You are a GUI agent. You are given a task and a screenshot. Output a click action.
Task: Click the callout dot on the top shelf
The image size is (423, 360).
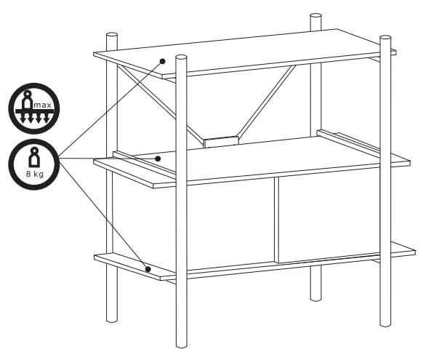[x=162, y=61]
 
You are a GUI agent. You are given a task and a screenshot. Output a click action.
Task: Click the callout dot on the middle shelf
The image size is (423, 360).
[x=158, y=159]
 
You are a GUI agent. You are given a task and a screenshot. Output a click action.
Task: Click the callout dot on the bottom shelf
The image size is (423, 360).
[x=148, y=269]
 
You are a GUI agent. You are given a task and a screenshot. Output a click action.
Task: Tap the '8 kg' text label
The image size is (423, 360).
[x=35, y=174]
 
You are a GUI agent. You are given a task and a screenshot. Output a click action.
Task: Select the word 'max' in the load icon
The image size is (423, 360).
[x=42, y=105]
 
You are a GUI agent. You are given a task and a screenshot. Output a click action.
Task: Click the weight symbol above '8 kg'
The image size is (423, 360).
[x=34, y=157]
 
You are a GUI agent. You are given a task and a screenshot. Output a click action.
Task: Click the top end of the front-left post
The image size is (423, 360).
[x=181, y=57]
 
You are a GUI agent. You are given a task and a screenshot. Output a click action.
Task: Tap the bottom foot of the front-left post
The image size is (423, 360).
[x=181, y=345]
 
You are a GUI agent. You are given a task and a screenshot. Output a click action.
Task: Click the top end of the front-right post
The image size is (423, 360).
[x=385, y=38]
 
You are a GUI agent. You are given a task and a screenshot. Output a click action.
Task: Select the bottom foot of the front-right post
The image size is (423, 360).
[x=385, y=324]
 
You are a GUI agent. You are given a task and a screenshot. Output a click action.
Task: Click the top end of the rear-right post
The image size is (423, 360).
[x=315, y=16]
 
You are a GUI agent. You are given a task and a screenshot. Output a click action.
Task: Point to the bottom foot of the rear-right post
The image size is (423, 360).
[x=316, y=298]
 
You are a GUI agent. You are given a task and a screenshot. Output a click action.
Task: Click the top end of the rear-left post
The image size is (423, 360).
[x=112, y=36]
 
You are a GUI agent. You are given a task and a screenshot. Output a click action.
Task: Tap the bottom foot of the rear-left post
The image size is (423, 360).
[x=112, y=319]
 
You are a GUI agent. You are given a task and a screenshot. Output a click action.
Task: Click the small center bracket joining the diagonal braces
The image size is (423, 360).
[x=221, y=142]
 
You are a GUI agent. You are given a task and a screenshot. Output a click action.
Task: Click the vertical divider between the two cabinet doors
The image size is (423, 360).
[x=276, y=220]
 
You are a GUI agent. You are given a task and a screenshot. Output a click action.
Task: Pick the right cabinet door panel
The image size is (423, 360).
[x=329, y=215]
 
